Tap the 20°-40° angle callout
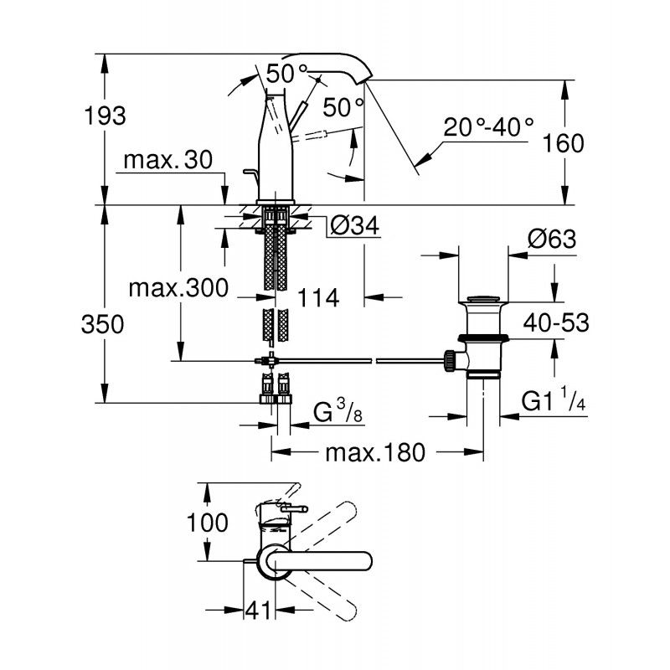click(488, 127)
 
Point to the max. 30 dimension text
click(167, 159)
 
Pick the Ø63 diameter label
click(551, 240)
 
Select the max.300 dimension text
click(178, 288)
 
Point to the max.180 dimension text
click(376, 453)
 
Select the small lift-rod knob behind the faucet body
click(248, 173)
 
